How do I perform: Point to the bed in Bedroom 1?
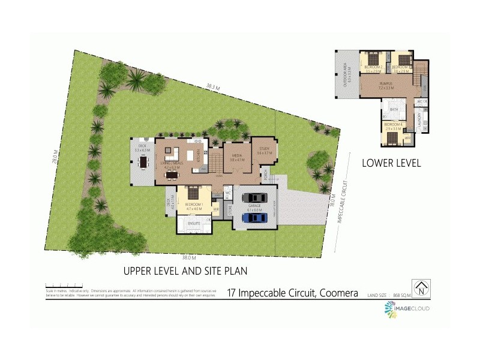click(194, 194)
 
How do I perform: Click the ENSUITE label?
click(194, 223)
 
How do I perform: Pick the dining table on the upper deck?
click(143, 161)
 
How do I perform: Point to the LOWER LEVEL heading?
click(391, 163)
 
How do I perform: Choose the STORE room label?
click(229, 211)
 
